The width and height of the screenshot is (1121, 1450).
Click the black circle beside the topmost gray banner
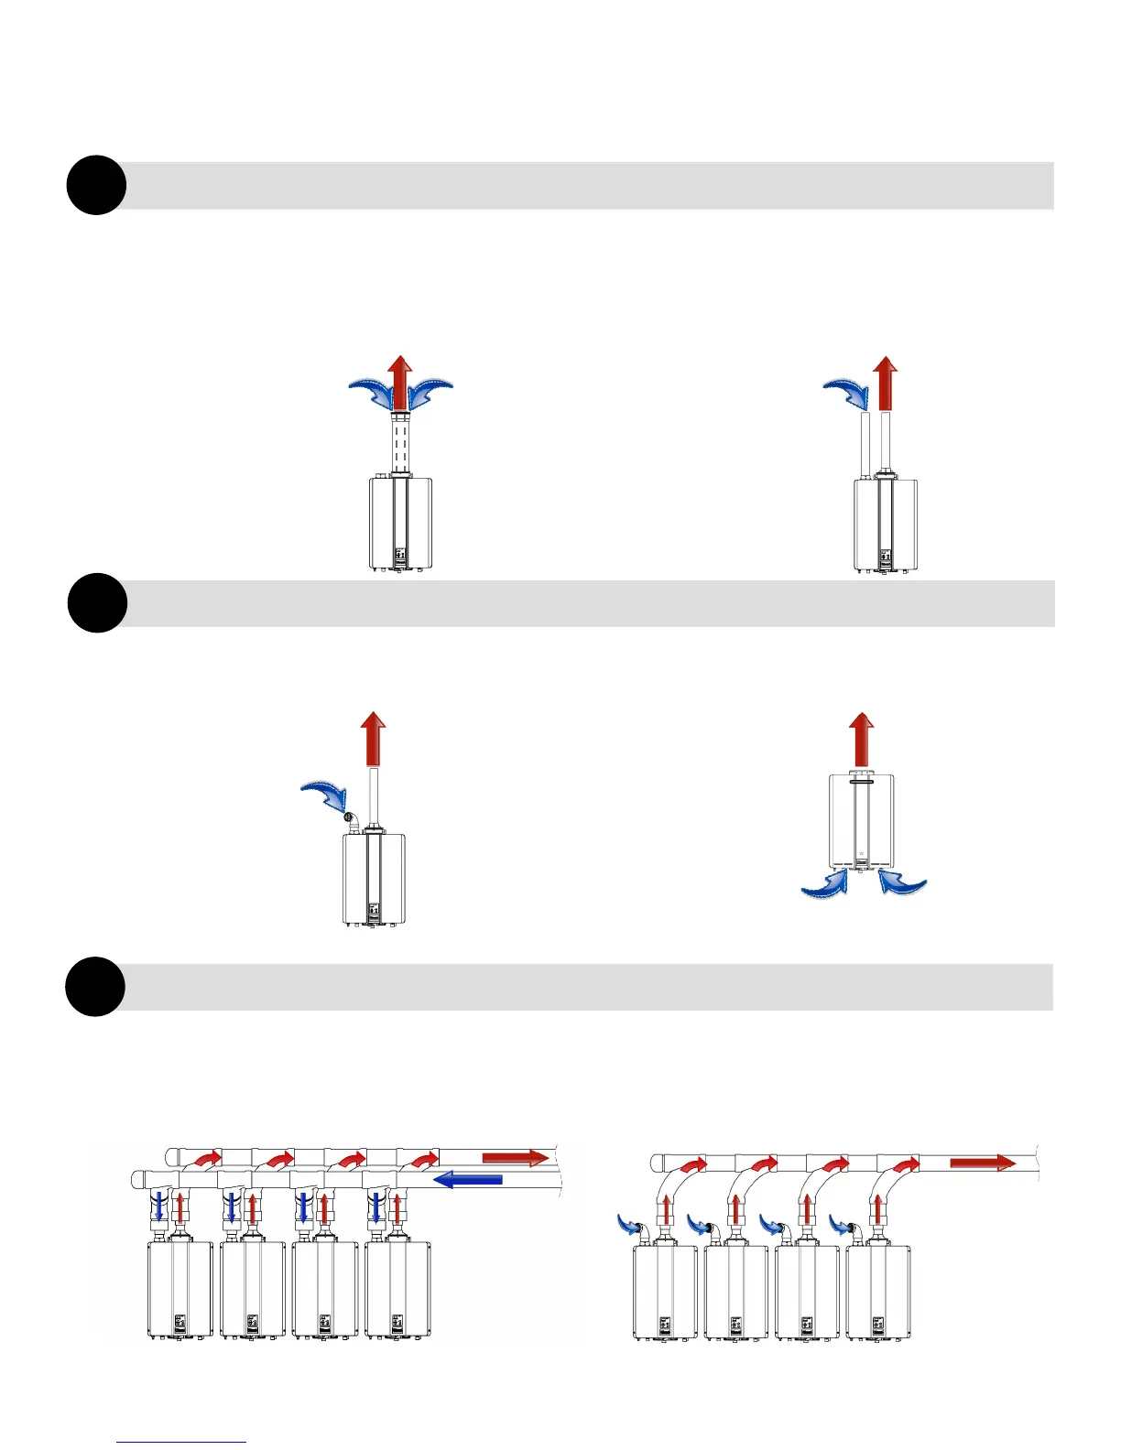click(96, 186)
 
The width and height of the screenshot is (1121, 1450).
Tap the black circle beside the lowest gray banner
click(95, 987)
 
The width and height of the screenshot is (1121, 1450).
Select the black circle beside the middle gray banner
click(97, 603)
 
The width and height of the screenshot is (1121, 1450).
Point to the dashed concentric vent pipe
click(400, 444)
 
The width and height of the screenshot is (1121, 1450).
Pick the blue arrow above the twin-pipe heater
click(847, 395)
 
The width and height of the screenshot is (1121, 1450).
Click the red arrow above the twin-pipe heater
click(885, 384)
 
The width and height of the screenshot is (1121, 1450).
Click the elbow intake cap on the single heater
click(349, 817)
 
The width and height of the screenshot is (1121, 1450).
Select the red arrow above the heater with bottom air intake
click(861, 739)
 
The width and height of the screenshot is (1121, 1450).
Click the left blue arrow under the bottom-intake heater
click(825, 884)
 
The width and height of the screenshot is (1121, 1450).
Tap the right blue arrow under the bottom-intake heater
click(902, 882)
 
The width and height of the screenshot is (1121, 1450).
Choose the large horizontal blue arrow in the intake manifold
click(467, 1179)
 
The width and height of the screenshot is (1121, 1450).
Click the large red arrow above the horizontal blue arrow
click(515, 1158)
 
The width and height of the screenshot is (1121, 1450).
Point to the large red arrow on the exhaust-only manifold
click(983, 1163)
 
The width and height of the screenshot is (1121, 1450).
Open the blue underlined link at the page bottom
click(181, 1441)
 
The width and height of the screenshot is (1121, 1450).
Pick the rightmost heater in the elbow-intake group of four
click(878, 1293)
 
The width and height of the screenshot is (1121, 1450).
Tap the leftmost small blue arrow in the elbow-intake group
click(629, 1225)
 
